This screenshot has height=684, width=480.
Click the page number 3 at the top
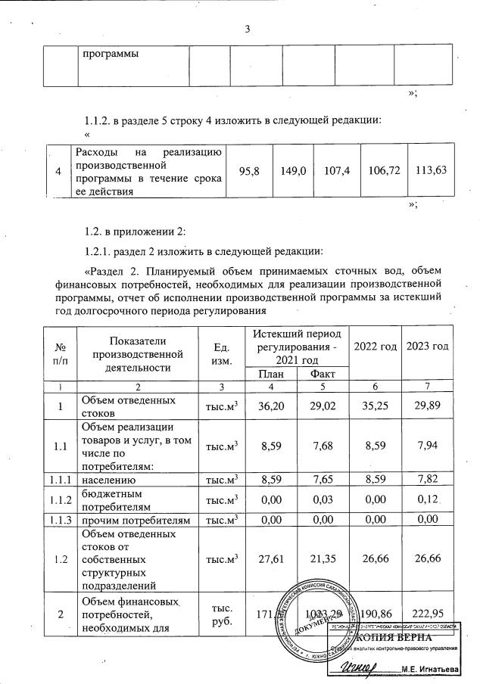point(247,30)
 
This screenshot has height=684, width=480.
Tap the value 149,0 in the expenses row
point(293,171)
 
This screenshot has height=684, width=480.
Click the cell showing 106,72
point(381,171)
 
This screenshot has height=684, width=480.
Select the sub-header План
point(270,374)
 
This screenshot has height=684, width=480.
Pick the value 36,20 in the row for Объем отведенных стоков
point(270,406)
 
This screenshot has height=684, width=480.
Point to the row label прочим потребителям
point(130,518)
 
